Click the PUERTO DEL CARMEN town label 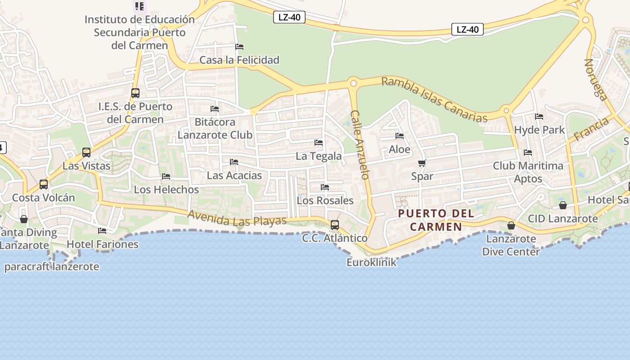click(436, 220)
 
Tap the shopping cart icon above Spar click(422, 163)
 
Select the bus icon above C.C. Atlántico click(334, 225)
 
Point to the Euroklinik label click(371, 262)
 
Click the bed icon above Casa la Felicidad click(239, 47)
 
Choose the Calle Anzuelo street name click(360, 144)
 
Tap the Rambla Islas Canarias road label click(434, 100)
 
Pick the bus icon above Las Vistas click(86, 153)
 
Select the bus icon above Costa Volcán click(44, 184)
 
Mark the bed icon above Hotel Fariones click(102, 231)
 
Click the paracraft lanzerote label click(52, 266)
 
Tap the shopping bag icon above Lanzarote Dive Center click(511, 225)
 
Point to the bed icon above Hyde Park click(539, 117)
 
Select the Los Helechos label click(166, 189)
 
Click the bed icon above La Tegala click(319, 143)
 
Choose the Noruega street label click(595, 78)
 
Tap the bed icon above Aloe click(399, 136)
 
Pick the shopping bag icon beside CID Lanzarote click(562, 205)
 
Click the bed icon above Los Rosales click(325, 187)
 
